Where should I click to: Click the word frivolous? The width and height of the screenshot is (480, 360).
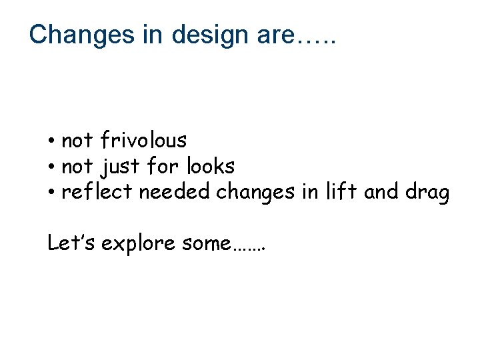pyautogui.click(x=143, y=140)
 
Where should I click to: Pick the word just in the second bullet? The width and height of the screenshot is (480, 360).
pyautogui.click(x=121, y=166)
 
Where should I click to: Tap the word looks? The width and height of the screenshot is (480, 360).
pyautogui.click(x=211, y=165)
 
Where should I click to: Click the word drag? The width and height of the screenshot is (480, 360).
pyautogui.click(x=427, y=192)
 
